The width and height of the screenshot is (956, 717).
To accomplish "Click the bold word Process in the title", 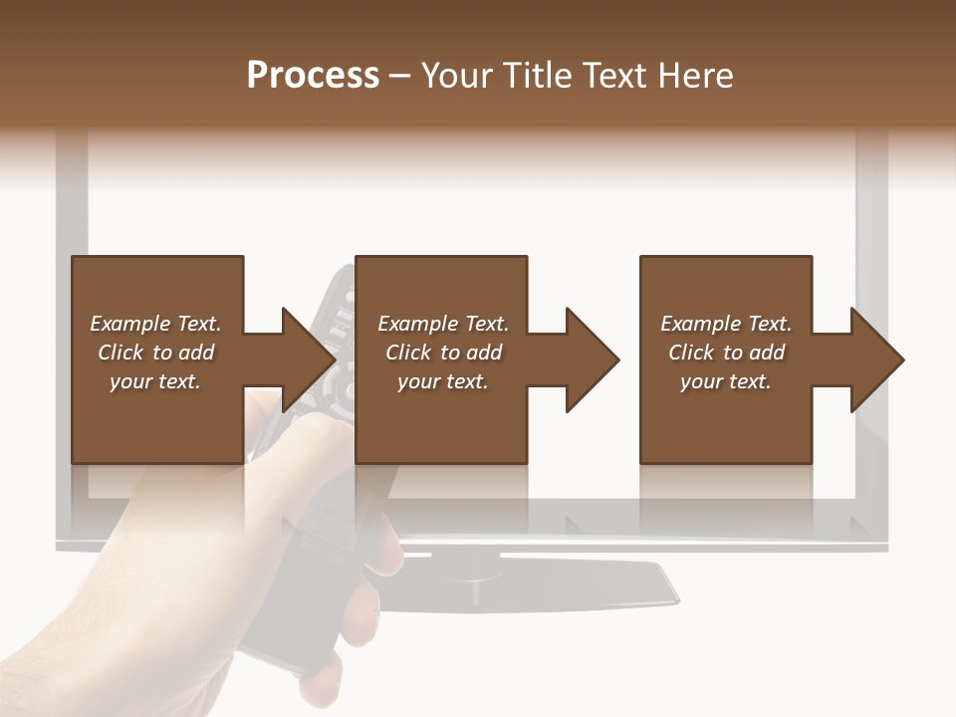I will coord(313,76).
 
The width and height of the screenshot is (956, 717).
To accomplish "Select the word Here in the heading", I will coord(698,76).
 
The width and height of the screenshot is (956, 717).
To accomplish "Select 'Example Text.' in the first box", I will coord(155,324).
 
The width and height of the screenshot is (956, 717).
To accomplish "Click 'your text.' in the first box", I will coord(155,381).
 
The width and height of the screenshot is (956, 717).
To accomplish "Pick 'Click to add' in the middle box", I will coord(443,353).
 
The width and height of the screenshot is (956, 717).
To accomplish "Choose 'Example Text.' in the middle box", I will coord(443,324).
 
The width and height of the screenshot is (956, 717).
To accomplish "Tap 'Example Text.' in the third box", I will coord(726,324).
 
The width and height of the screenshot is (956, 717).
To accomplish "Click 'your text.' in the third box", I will coord(726,381).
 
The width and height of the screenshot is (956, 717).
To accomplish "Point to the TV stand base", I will coord(558,586).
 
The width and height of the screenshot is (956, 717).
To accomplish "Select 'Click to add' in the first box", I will coord(155,353).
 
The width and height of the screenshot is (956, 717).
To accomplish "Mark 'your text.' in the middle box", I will coord(443,381).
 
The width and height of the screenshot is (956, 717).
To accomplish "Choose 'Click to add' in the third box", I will coord(726,353).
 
